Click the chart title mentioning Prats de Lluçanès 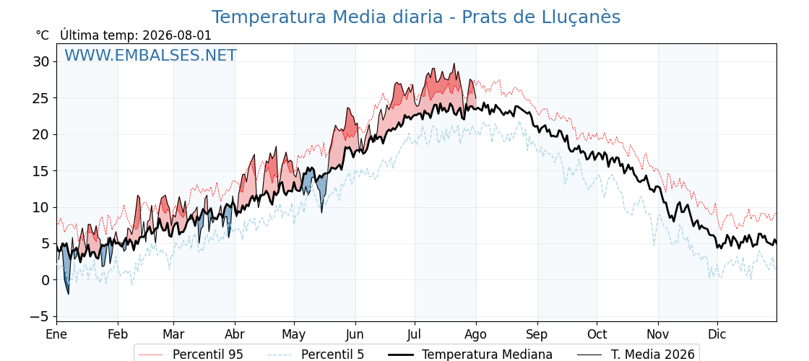pos(416,17)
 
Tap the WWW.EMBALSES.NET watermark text pos(151,55)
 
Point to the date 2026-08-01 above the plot pos(177,35)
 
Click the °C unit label pos(43,35)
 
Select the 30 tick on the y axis pos(41,62)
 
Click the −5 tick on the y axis pos(38,316)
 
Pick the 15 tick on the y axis pos(41,170)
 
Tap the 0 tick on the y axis pos(46,280)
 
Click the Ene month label pos(57,334)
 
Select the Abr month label pos(235,334)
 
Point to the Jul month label pos(415,334)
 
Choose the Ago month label pos(476,335)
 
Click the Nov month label pos(658,334)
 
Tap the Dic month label pos(717,334)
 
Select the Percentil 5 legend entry pos(316,355)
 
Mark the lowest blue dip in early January pos(68,294)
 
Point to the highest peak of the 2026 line pos(454,64)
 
